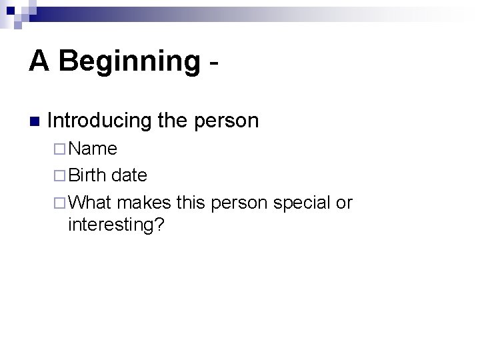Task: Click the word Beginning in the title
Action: pyautogui.click(x=129, y=62)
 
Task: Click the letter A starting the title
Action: pyautogui.click(x=39, y=61)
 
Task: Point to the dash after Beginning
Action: pyautogui.click(x=213, y=64)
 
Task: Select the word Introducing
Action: pyautogui.click(x=100, y=121)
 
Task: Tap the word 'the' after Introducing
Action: pyautogui.click(x=173, y=120)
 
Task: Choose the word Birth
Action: pyautogui.click(x=87, y=175)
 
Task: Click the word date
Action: pyautogui.click(x=129, y=175)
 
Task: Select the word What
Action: pyautogui.click(x=90, y=203)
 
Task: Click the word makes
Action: pyautogui.click(x=143, y=203)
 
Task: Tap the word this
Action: pyautogui.click(x=191, y=203)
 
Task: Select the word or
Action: pyautogui.click(x=344, y=203)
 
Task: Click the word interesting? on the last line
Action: pyautogui.click(x=115, y=225)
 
